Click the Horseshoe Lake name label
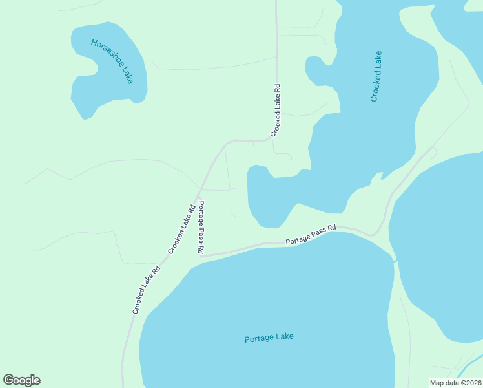coord(112,61)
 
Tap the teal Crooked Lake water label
coord(376,76)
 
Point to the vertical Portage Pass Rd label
coord(201,227)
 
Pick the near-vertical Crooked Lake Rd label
coord(276,110)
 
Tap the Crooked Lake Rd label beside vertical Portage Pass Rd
coord(182,230)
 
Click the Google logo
coord(22,380)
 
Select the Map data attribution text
coord(455,383)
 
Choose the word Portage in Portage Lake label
coord(260,338)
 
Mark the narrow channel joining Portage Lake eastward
coord(395,261)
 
